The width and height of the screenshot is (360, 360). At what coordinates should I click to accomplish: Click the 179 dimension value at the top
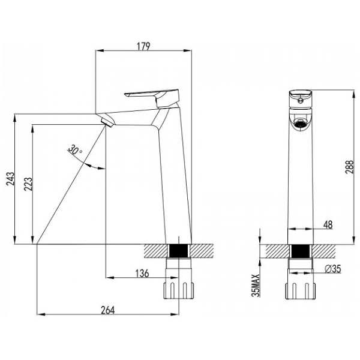point(143,46)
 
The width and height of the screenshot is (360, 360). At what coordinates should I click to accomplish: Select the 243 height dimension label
point(10,179)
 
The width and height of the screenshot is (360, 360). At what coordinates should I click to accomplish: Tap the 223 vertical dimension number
point(28,184)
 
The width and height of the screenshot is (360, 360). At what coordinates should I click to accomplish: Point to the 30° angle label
point(75,149)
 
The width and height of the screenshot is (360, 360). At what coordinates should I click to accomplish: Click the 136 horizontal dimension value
point(142,273)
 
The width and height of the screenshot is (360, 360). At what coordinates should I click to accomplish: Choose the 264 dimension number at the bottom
point(107,310)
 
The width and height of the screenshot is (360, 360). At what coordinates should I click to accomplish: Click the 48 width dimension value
point(328,224)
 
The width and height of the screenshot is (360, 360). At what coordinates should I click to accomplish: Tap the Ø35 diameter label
point(333,269)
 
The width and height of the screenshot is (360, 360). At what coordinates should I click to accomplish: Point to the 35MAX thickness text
point(256,286)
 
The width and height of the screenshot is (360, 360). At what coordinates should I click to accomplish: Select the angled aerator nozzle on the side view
point(107,121)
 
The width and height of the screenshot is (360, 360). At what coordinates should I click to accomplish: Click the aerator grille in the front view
point(301,124)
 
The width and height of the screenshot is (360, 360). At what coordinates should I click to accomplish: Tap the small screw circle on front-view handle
point(299,100)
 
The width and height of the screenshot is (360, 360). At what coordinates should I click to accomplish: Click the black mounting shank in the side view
point(179,251)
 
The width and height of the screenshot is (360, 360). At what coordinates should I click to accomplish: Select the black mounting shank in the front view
point(301,251)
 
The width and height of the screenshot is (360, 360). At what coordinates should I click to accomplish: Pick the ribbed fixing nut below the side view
point(179,290)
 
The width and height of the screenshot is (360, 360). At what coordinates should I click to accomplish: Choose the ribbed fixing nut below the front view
point(301,291)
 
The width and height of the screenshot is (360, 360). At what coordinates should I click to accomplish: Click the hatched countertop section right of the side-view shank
point(202,251)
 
